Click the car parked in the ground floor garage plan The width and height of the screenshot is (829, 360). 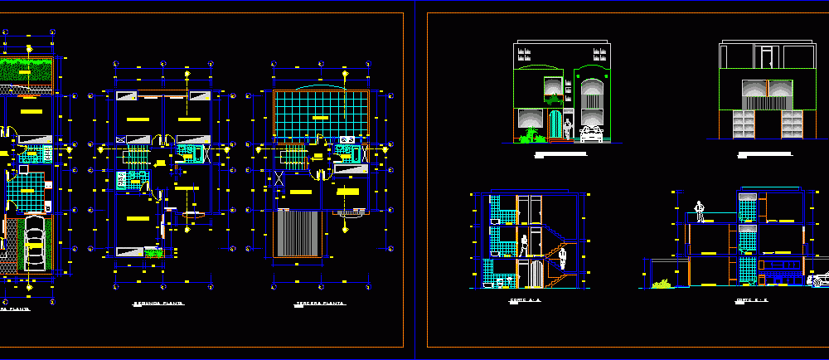(x=33, y=244)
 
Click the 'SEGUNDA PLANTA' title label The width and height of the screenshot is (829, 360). (x=158, y=305)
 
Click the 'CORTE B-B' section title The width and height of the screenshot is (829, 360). (x=754, y=299)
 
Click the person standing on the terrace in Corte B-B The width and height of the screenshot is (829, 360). (x=701, y=212)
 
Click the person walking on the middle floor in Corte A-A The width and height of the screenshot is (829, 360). (x=524, y=246)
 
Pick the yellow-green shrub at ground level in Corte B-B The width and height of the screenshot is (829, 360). (x=662, y=285)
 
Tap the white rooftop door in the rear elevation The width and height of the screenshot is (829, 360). (x=768, y=57)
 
